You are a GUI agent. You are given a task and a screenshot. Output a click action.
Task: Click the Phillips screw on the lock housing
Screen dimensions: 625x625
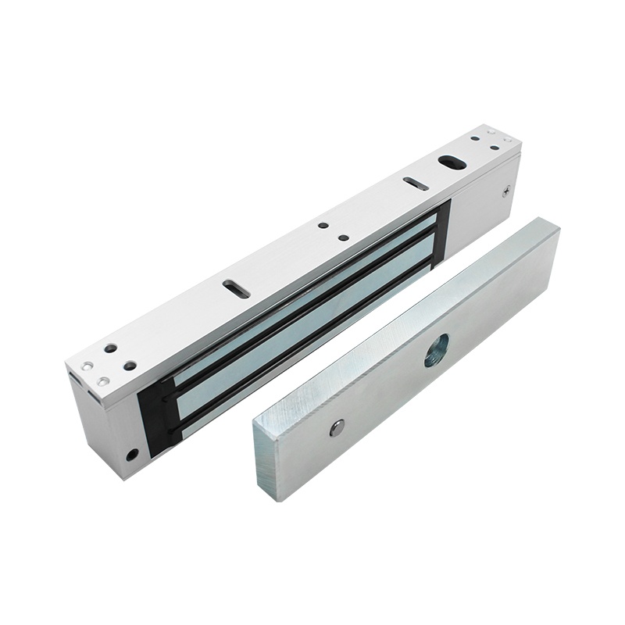coord(505,190)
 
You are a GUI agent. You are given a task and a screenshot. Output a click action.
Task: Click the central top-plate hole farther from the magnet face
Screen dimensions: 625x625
coord(323,227)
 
